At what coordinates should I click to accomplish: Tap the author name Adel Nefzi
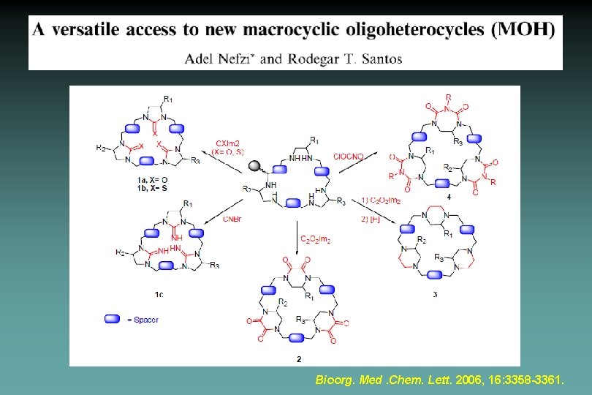tap(218, 58)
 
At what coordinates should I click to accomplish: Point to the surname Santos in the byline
tap(378, 58)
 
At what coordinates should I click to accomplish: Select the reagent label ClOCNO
tap(347, 155)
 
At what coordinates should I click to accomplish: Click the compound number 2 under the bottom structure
tap(298, 358)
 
